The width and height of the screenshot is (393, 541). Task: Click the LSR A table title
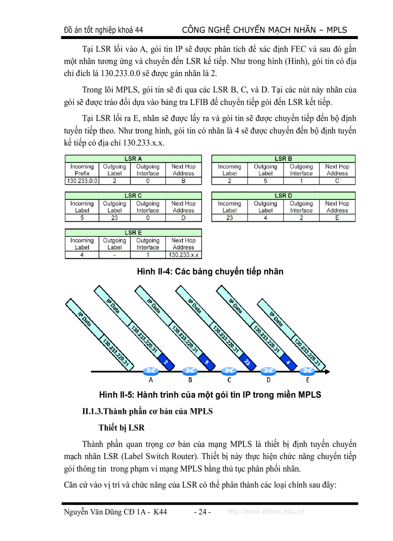[x=133, y=158]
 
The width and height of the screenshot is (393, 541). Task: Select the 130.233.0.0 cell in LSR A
[x=82, y=181]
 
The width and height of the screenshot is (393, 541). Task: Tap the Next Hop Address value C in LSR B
[x=337, y=181]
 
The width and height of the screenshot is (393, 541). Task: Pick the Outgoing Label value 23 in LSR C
[x=115, y=218]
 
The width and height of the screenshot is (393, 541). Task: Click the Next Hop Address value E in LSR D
[x=337, y=218]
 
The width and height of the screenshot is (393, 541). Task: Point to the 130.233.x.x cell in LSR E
[x=183, y=255]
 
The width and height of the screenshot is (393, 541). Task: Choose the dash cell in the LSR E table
[x=115, y=255]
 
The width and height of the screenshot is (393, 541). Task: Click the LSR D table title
[x=283, y=196]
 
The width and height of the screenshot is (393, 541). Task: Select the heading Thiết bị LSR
[x=121, y=427]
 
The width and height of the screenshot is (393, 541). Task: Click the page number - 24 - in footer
[x=202, y=512]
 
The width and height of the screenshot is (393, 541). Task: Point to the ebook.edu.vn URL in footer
[x=265, y=512]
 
